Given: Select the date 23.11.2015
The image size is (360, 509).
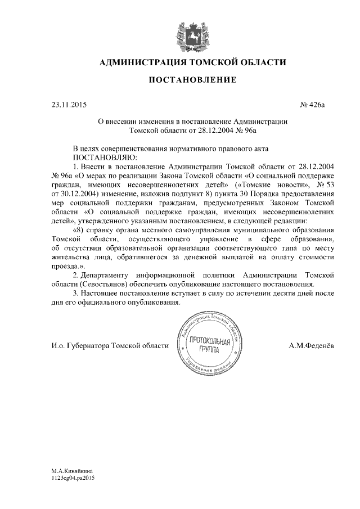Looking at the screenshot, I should pos(66,105).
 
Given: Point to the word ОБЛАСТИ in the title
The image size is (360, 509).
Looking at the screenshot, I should pos(259,62).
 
